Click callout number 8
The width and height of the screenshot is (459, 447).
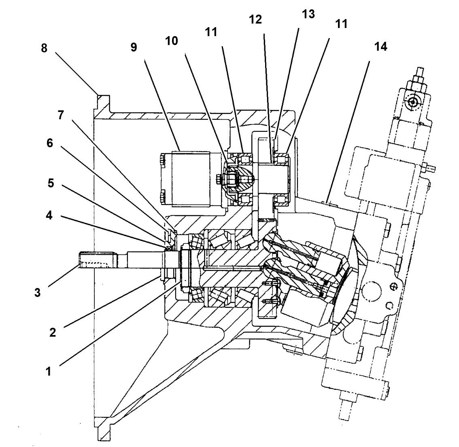tap(44, 49)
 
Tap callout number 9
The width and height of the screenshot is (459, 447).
tap(134, 47)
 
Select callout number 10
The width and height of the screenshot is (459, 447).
tap(171, 41)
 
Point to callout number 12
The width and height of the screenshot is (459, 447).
tap(256, 19)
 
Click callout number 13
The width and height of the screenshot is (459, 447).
tap(308, 14)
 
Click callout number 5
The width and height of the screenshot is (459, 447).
tap(50, 183)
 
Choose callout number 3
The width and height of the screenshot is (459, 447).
tap(37, 292)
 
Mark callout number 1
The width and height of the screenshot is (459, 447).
tap(48, 371)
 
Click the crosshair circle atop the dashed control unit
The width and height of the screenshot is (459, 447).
tap(412, 102)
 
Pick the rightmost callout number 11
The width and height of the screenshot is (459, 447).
tap(341, 24)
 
